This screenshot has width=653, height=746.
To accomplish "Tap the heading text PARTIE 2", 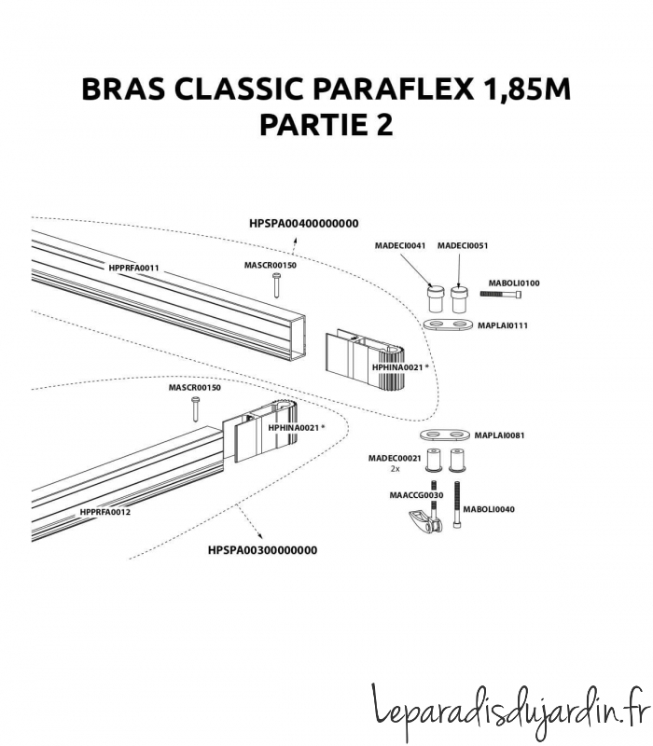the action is [326, 124].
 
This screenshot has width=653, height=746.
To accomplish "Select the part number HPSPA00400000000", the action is [304, 223].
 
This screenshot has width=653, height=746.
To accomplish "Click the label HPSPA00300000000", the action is [262, 550].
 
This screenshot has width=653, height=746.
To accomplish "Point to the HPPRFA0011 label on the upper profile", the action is [133, 268].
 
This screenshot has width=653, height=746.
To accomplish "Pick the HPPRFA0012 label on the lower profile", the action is [105, 512].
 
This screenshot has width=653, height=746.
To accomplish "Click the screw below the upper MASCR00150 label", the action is [277, 285].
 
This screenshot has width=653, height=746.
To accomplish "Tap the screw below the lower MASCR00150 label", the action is [196, 408].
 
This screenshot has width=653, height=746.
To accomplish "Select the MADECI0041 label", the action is [400, 245].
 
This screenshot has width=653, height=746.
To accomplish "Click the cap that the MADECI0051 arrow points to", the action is [459, 298].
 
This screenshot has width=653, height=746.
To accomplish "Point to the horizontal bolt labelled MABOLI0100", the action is [501, 295].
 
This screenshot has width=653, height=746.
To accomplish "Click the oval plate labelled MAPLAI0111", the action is [449, 324].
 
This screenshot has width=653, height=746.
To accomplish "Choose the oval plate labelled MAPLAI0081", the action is [446, 435].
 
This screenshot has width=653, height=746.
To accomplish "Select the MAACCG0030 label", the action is [416, 495].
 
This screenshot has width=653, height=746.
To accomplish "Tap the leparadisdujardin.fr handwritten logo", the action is [510, 712].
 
